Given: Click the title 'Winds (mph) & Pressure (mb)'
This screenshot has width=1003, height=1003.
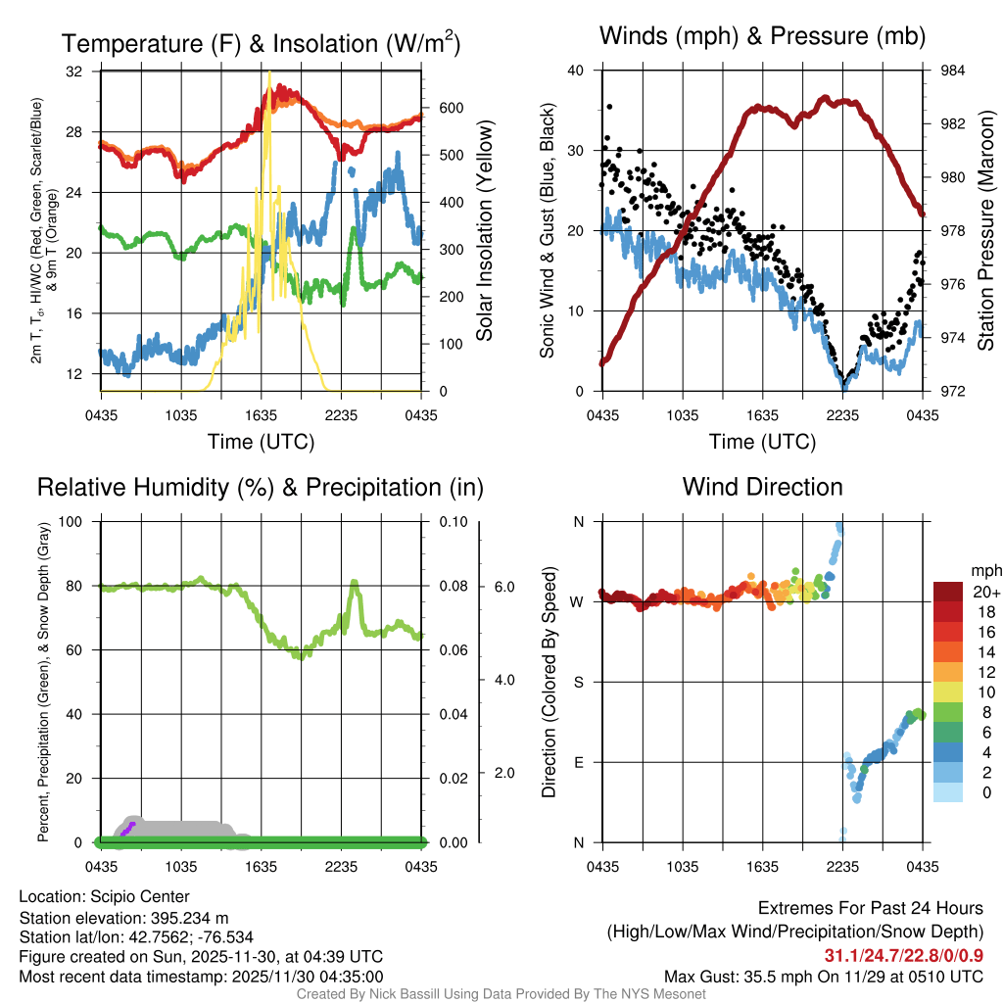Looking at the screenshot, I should point(762,36).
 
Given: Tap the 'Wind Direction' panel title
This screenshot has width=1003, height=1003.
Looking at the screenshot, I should point(762,487).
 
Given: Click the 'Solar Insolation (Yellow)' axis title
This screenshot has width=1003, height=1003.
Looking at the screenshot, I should point(484,231).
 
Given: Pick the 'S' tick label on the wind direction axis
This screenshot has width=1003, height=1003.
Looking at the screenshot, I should point(578,682).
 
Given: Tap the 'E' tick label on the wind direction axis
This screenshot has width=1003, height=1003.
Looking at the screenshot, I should point(578,762).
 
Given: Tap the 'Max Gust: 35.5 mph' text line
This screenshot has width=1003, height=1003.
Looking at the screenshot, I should point(824,976).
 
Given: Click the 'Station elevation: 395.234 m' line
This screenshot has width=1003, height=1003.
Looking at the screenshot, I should point(123,918).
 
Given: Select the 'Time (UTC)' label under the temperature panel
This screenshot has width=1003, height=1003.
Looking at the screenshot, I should point(261,442).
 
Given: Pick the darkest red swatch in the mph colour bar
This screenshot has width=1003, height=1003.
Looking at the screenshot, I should point(948,592).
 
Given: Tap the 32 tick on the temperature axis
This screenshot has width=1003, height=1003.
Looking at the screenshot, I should point(75,72).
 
